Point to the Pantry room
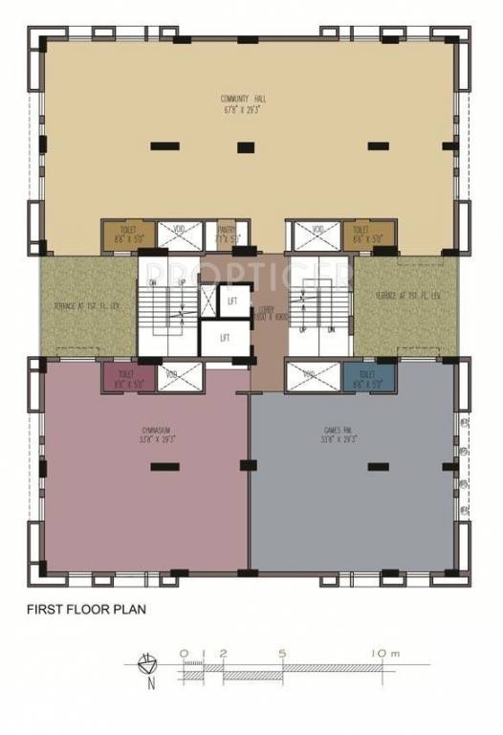coord(228,234)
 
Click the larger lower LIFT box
coord(225,337)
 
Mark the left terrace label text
coord(86,307)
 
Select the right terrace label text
coord(406,296)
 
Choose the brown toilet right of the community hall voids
coord(361,234)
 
